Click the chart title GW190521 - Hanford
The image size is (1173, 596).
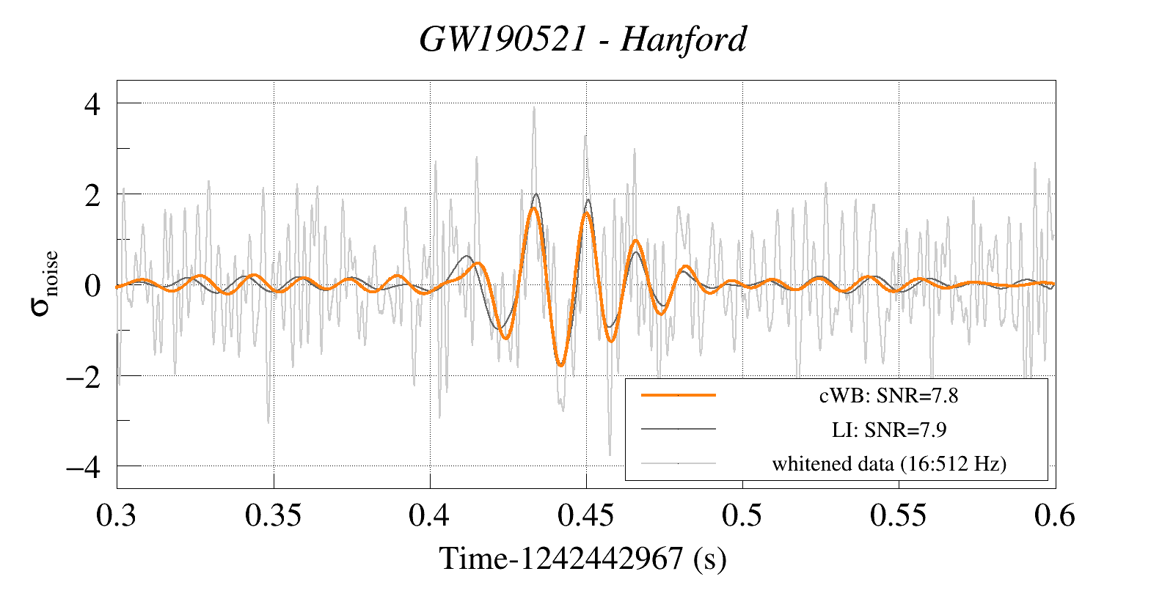coord(583,40)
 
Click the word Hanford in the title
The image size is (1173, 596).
coord(684,40)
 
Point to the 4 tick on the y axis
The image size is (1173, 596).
coord(92,104)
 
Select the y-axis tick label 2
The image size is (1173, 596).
coord(92,196)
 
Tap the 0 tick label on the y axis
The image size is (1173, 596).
coord(92,286)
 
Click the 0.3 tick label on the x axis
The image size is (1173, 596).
coord(117,516)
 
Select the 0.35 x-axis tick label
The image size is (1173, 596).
coord(273,516)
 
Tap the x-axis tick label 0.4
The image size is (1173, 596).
coord(430,516)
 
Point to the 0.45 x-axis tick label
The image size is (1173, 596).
coord(586,516)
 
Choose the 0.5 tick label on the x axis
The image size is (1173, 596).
coord(742,516)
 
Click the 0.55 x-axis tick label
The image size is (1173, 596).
coord(899,516)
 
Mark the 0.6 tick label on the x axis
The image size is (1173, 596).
coord(1055,516)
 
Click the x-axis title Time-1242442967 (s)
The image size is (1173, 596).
coord(583,559)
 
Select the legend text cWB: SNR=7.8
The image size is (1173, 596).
coord(888,396)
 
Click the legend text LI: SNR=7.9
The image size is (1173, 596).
coord(888,430)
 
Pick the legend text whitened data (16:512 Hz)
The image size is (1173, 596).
coord(889,463)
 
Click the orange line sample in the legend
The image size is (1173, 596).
coord(678,395)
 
